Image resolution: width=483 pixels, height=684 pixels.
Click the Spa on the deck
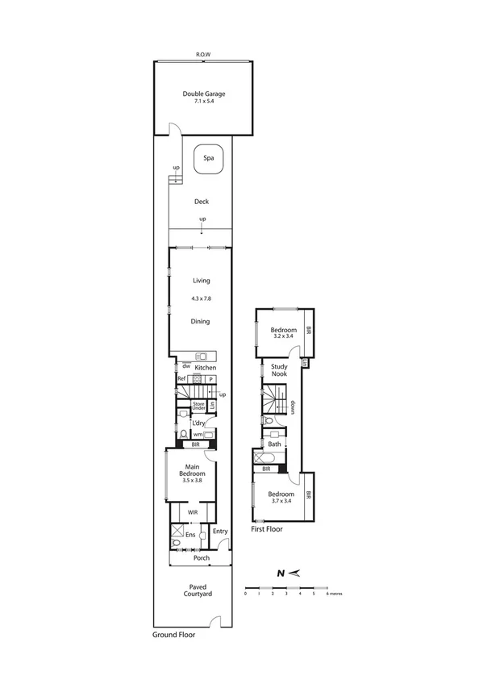point(208,160)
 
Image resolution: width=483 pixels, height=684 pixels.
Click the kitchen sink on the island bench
point(202,357)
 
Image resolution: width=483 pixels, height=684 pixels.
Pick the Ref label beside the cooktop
point(181,378)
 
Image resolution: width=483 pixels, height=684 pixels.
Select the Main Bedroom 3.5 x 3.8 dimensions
point(193,480)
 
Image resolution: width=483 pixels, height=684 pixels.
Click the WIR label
point(193,511)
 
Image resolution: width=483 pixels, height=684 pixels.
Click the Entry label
point(220,531)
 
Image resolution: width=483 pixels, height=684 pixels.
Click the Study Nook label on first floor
point(279,370)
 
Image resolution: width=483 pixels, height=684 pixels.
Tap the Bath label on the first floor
point(274,444)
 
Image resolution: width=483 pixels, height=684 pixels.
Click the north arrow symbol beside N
point(296,573)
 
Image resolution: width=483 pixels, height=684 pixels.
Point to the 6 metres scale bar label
point(335,593)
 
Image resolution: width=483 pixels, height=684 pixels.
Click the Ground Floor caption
point(173,635)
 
